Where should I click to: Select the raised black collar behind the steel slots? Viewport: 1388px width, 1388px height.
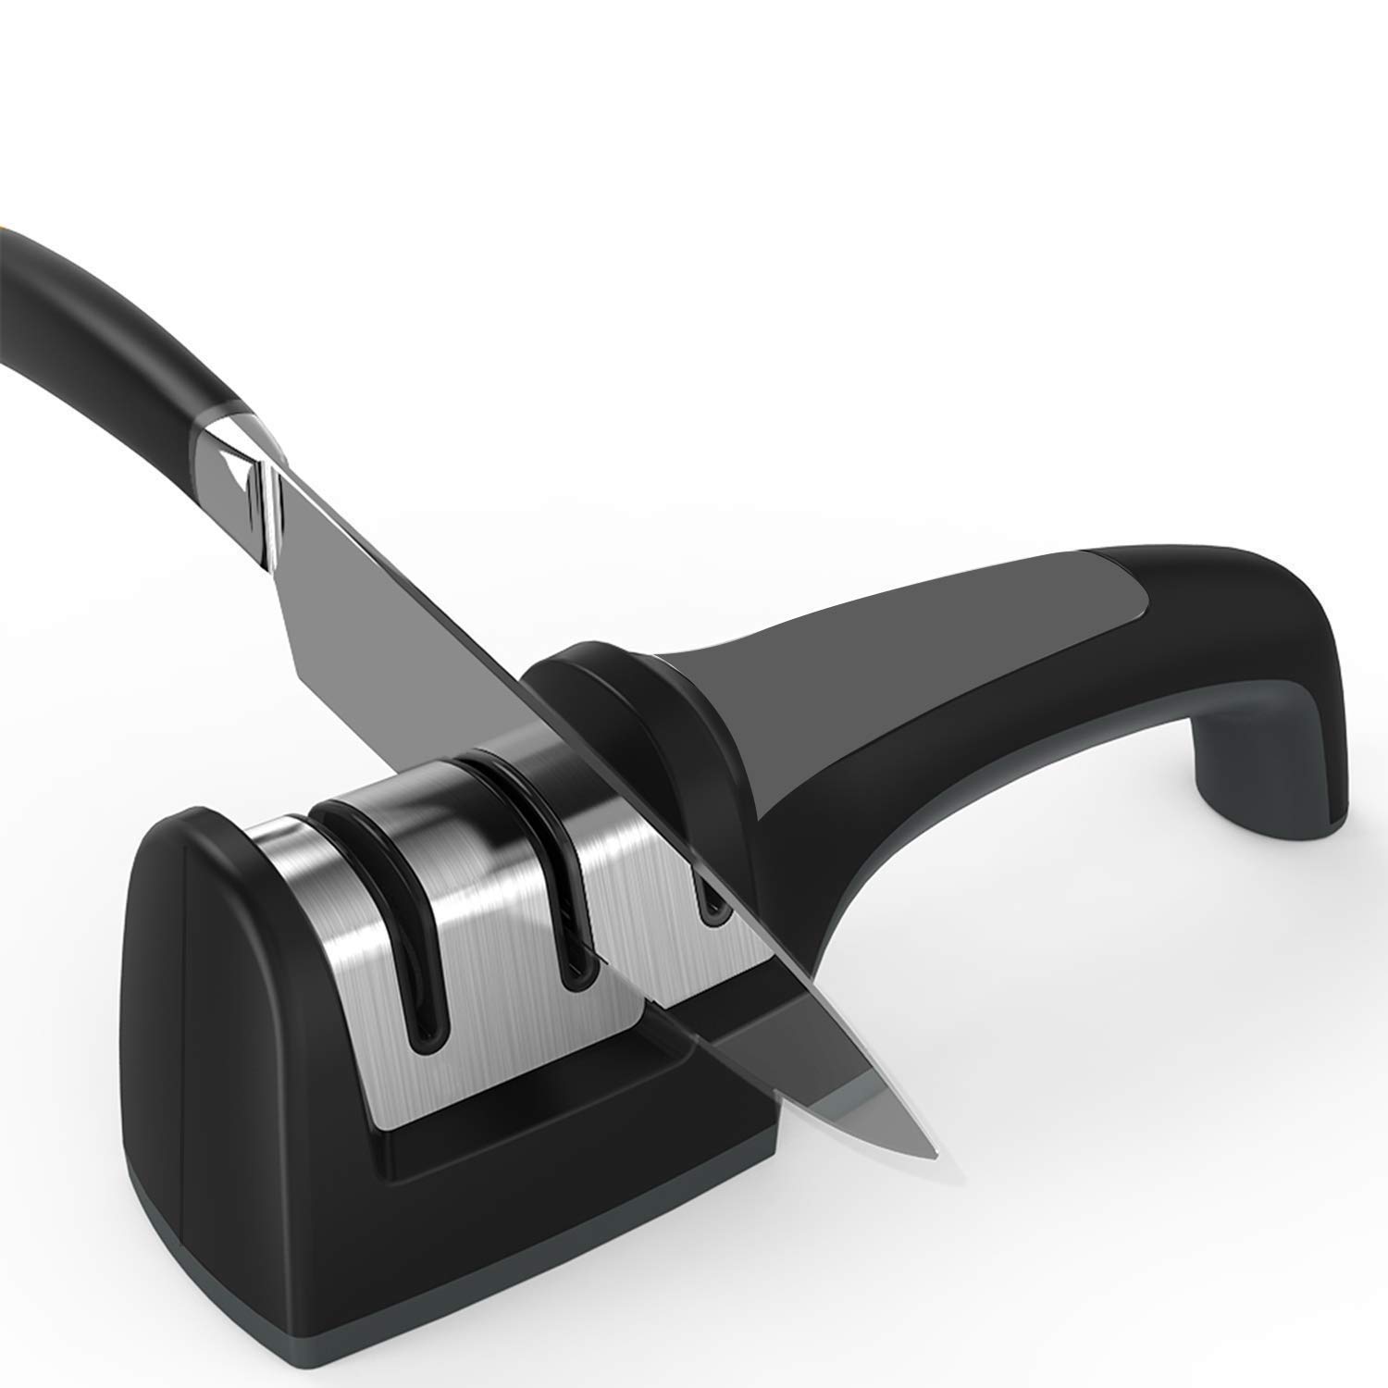coord(629,703)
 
